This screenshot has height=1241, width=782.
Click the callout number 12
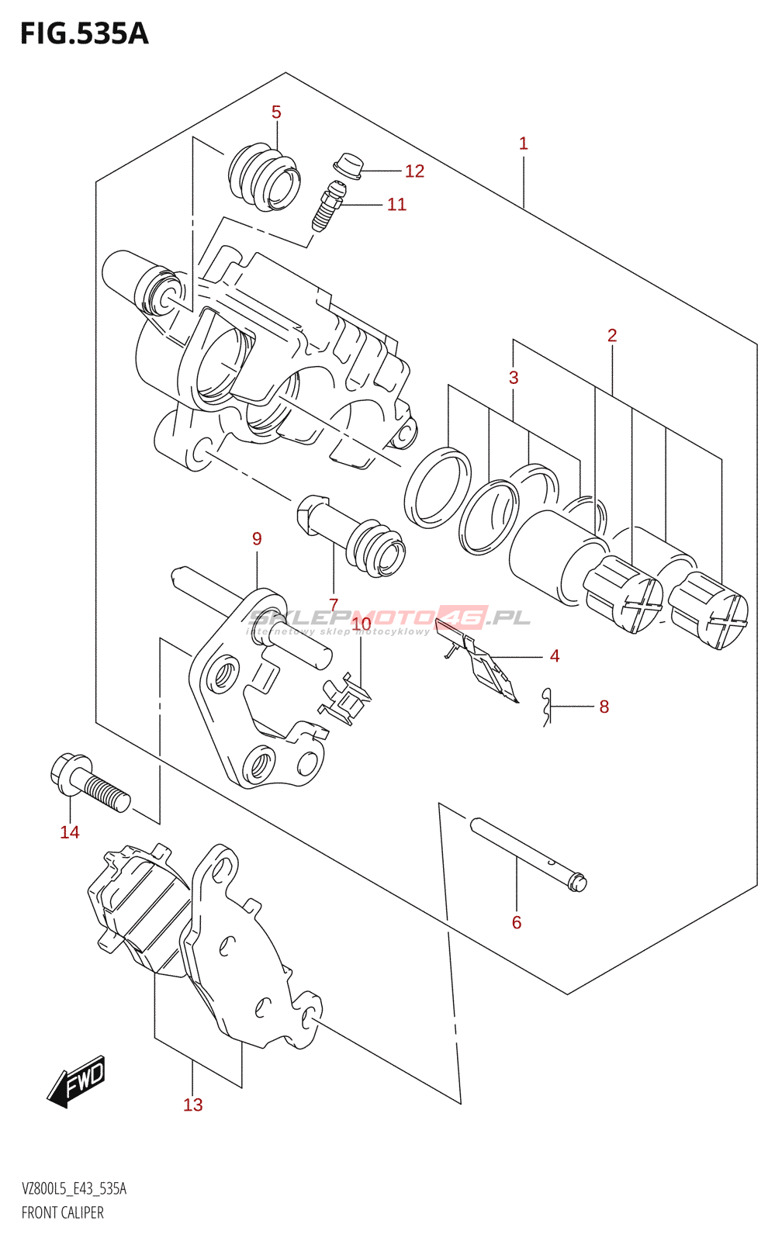414,171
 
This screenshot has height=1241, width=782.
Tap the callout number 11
396,205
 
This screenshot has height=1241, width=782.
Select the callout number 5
276,112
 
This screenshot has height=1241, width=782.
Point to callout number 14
70,832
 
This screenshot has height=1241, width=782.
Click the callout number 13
192,1104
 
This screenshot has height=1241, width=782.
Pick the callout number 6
517,922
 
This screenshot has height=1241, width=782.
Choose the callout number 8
604,707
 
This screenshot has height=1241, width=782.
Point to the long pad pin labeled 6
528,854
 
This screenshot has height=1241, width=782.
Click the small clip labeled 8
548,707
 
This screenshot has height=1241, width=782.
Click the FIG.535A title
84,34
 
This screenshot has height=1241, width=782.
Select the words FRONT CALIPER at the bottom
63,1212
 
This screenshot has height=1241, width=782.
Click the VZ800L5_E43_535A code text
74,1189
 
